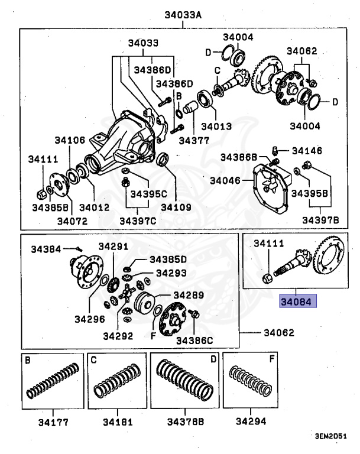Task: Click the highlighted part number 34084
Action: click(299, 303)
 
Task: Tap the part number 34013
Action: click(212, 126)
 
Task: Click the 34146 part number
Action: click(307, 151)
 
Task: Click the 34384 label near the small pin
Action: click(45, 250)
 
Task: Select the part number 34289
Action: click(189, 295)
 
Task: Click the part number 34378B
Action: click(184, 422)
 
